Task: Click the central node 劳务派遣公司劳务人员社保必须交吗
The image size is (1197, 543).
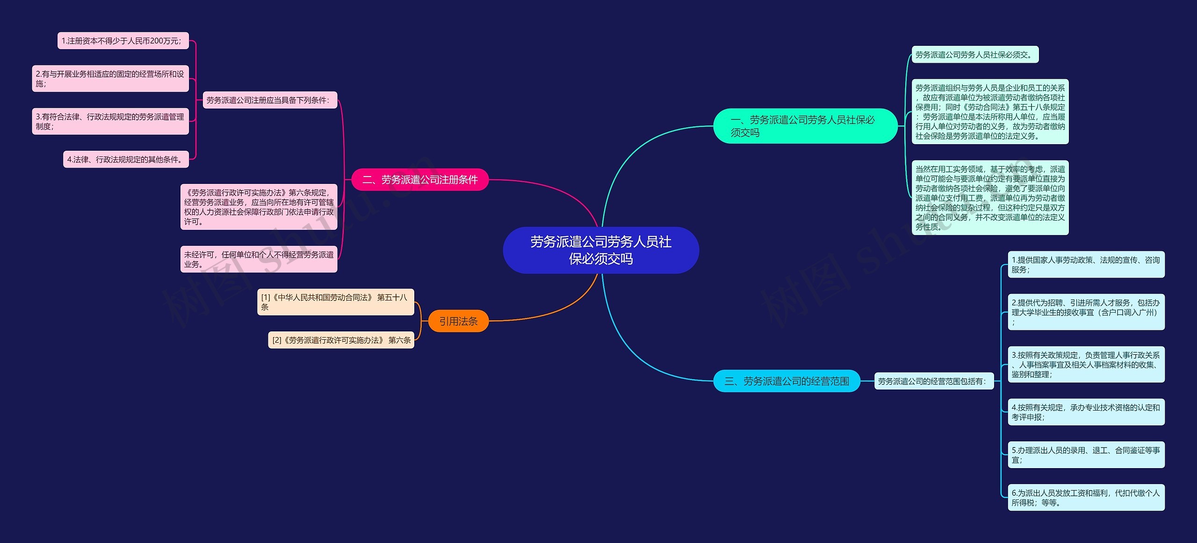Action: click(x=600, y=250)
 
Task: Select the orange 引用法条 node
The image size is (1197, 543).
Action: click(x=458, y=321)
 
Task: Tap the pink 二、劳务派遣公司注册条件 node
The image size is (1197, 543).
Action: click(x=419, y=180)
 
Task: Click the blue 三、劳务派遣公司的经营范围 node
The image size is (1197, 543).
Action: click(x=786, y=381)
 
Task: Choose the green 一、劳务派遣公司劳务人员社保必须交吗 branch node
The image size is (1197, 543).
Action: click(x=805, y=126)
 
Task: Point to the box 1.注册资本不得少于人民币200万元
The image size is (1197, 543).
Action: click(x=123, y=41)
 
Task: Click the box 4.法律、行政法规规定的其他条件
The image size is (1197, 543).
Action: click(x=126, y=159)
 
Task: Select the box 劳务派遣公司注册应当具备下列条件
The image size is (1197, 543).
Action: click(x=269, y=100)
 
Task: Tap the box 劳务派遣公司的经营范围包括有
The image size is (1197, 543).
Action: click(x=933, y=381)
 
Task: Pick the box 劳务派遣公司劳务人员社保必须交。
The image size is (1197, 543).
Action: click(x=974, y=55)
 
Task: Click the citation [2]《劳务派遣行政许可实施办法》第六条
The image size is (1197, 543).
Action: click(x=341, y=340)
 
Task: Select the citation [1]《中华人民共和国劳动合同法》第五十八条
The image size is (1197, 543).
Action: click(x=335, y=302)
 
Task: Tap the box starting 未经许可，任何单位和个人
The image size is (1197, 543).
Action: click(x=259, y=259)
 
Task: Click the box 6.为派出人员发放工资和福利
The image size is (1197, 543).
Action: click(x=1086, y=497)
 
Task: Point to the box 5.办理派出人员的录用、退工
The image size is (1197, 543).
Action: click(x=1086, y=455)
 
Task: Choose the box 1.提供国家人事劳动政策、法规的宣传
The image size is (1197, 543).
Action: click(x=1086, y=264)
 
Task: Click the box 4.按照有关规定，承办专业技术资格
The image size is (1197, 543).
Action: click(x=1086, y=412)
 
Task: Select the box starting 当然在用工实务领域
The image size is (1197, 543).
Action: click(x=990, y=198)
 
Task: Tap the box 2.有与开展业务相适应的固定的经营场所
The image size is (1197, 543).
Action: click(x=110, y=79)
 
